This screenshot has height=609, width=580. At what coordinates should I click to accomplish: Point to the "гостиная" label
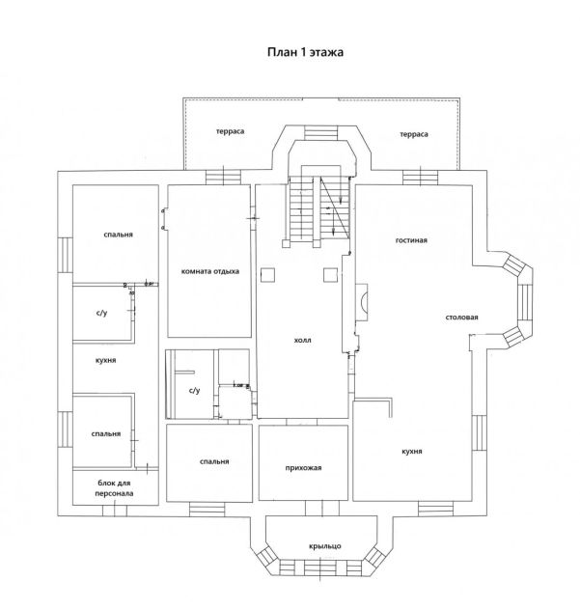tap(411, 239)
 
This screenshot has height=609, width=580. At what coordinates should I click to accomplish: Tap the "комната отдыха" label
tap(209, 271)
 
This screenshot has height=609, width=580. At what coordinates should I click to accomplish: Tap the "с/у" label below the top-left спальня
tap(101, 313)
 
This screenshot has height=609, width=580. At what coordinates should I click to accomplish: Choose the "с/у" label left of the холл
tap(193, 390)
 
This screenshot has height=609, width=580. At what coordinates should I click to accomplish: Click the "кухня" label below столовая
tap(415, 451)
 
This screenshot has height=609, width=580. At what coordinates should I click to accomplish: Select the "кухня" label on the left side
tap(106, 359)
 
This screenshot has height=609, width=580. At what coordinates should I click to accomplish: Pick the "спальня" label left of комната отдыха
tap(118, 235)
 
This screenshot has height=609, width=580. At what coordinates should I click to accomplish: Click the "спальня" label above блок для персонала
tap(106, 433)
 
